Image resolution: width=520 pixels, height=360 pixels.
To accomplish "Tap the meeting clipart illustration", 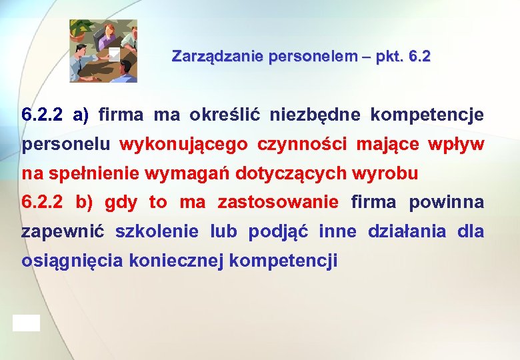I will [103, 51].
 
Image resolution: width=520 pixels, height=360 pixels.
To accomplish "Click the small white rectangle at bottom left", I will [26, 323].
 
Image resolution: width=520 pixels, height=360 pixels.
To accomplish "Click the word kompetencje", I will [427, 115].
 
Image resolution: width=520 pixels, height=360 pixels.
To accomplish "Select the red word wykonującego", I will [183, 145].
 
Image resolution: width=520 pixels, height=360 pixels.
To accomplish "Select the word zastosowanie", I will [278, 202].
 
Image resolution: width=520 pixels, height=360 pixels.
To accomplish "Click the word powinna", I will [446, 202].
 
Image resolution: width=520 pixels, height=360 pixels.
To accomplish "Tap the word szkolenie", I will [157, 232].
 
